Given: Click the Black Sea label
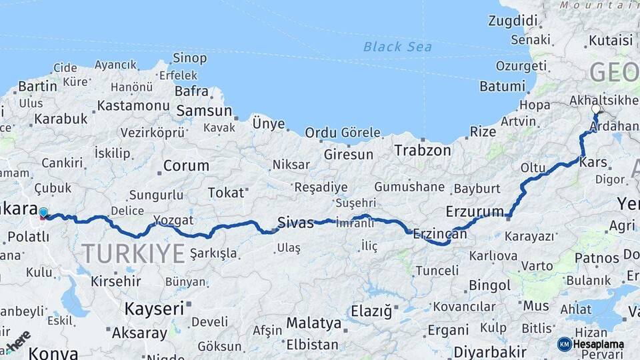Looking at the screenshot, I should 397,47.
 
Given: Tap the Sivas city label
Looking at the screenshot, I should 295,223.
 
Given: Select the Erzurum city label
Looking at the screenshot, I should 475,212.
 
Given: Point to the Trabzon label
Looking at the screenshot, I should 422,150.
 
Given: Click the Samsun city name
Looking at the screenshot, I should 203,111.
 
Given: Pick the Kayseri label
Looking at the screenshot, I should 154,309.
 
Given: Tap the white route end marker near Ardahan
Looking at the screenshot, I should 596,109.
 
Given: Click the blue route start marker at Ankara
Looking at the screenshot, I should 43,213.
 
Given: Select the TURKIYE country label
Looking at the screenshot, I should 133,254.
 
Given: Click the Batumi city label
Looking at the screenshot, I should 502,86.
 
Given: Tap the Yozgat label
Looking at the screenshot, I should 173,220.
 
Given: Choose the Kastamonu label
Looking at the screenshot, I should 133,105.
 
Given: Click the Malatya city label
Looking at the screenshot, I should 313,323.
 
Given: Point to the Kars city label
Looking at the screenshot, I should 592,162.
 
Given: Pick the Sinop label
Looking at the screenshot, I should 189,58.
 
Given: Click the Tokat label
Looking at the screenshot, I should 226,193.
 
